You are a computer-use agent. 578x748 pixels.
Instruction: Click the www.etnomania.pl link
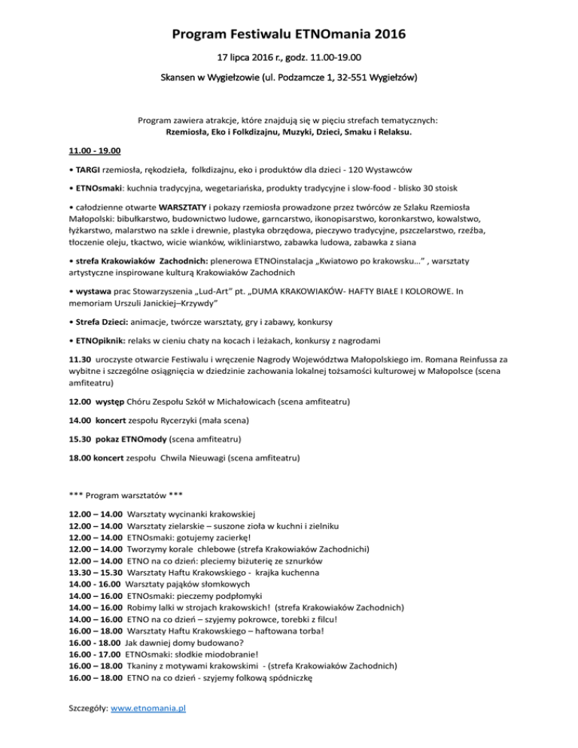[x=148, y=709]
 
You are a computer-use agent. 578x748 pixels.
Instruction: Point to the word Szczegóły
[x=88, y=709]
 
